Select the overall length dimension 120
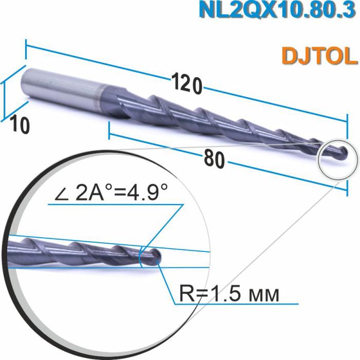click(x=186, y=83)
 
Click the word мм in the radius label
click(x=263, y=295)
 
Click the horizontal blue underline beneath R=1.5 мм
click(x=237, y=305)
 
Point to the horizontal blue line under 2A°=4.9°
click(x=113, y=204)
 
